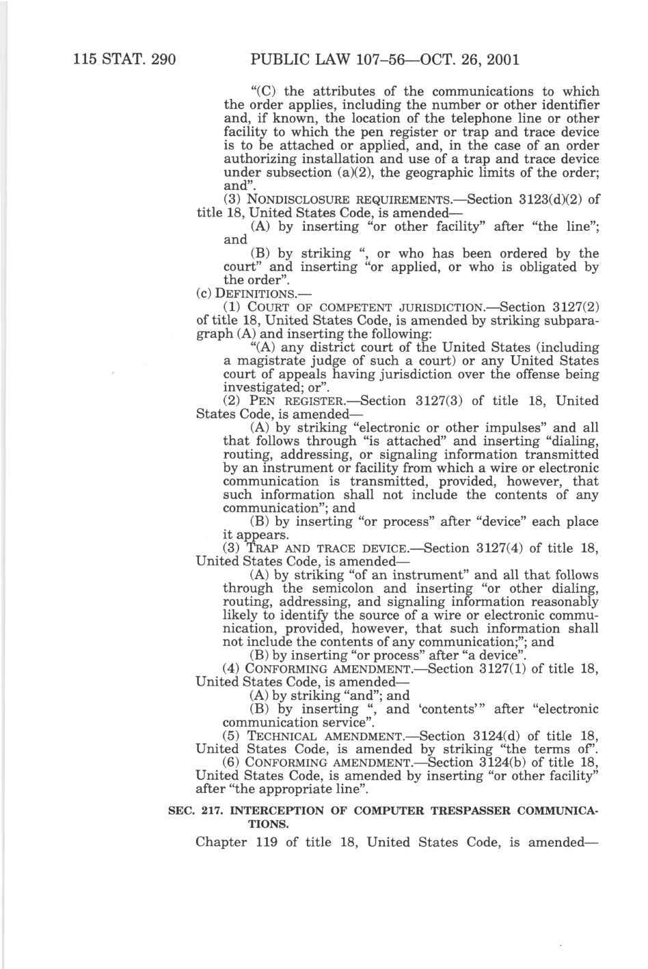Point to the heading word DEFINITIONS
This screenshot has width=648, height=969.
(x=243, y=294)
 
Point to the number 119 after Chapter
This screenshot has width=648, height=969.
(x=265, y=842)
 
